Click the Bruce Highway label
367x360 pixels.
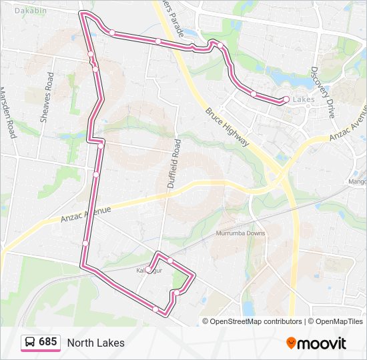coord(227,128)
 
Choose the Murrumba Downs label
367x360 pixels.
coord(240,233)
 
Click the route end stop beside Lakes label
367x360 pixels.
coord(286,100)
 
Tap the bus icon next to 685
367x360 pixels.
coord(29,342)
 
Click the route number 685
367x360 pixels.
coord(48,342)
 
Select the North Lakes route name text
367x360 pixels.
coord(95,343)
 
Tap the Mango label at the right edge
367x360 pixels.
coord(358,181)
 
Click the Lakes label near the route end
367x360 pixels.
coord(304,100)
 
